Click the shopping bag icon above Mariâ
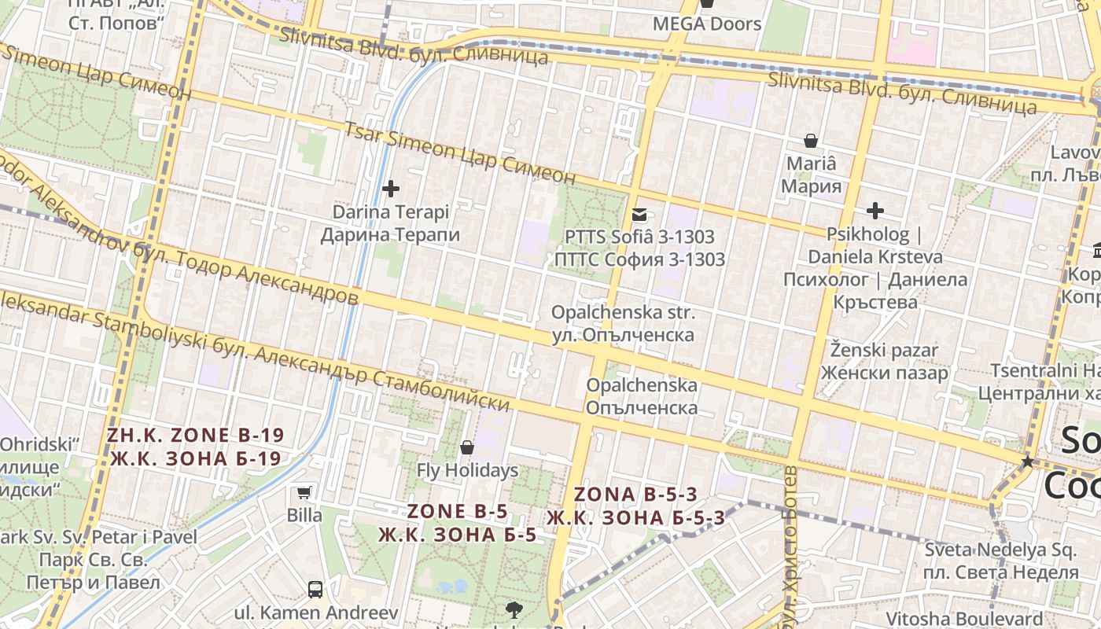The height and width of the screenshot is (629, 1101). coord(811,142)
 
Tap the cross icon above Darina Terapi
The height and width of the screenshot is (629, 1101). coord(390,189)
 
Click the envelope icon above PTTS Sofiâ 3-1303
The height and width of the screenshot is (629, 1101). coord(639,214)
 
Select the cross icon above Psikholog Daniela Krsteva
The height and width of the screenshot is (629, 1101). coord(875,211)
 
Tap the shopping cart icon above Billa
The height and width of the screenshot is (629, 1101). coord(304,493)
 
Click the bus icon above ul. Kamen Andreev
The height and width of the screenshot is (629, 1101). coord(315,589)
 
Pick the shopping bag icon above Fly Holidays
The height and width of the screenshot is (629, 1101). coord(467,448)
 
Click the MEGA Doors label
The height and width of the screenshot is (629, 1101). coord(707,24)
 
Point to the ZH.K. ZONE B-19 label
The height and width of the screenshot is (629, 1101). coord(195,435)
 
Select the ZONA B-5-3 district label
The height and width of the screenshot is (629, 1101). coord(635,495)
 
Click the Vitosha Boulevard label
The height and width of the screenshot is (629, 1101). coord(964,619)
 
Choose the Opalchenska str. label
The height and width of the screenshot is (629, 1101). coord(623,313)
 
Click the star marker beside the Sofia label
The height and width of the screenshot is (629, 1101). coord(1027,462)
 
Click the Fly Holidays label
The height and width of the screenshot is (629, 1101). coord(467,471)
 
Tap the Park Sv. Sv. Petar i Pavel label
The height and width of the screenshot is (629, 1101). coord(98,538)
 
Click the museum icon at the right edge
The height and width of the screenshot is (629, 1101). coord(1096,251)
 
